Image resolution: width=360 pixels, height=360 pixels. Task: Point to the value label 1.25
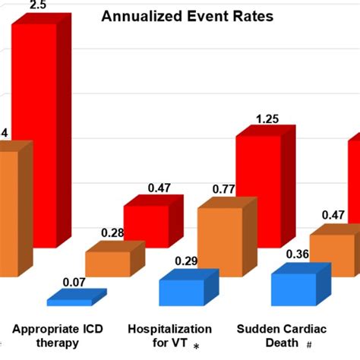(x=268, y=119)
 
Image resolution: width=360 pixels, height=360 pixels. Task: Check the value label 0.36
(x=296, y=255)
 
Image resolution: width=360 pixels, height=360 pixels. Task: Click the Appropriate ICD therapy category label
(x=58, y=336)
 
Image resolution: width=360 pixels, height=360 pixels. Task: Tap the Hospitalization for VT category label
(x=169, y=336)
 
